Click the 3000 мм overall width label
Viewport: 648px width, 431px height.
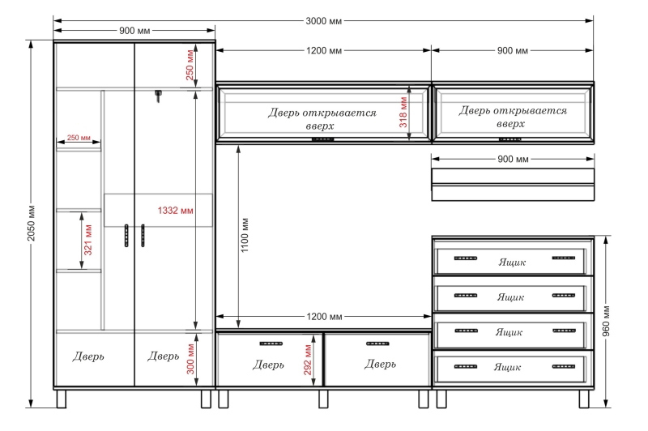coord(323,21)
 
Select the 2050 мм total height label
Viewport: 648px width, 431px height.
coord(32,223)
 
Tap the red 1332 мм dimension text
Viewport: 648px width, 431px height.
coord(175,211)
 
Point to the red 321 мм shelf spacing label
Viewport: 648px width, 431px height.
coord(88,240)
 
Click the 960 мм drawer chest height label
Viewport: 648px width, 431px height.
coord(606,321)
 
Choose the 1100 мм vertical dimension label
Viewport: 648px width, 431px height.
coord(245,235)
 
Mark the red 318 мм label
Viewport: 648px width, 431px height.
coord(403,113)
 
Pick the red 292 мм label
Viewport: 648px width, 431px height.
coord(308,360)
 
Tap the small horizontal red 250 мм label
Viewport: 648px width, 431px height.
coord(79,138)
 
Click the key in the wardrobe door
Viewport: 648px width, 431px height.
coord(158,96)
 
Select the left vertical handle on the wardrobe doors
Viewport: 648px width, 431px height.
coord(126,236)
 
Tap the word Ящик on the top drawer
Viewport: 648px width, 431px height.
coord(512,262)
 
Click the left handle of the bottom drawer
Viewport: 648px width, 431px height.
coord(465,366)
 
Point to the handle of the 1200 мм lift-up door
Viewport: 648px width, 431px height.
coord(322,139)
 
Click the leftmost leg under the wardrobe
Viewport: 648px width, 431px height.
coord(62,399)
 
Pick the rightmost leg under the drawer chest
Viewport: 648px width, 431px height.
coord(584,399)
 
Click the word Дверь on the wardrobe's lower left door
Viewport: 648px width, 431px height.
coord(88,356)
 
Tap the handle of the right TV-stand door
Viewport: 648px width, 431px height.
coord(377,344)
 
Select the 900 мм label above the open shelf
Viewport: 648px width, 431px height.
coord(513,159)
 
